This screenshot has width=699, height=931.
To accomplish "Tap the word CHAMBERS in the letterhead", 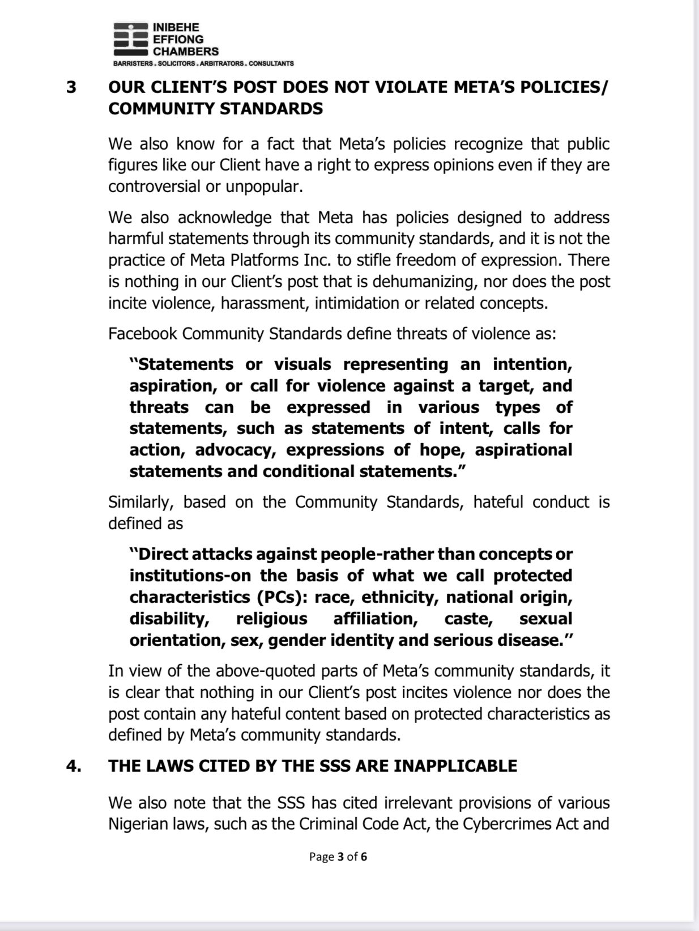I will coord(186,51).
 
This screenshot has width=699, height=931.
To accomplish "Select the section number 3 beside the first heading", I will coord(71,88).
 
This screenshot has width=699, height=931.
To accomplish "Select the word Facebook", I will coord(142,333).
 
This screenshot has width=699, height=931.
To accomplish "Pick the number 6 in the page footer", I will coord(364,856).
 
